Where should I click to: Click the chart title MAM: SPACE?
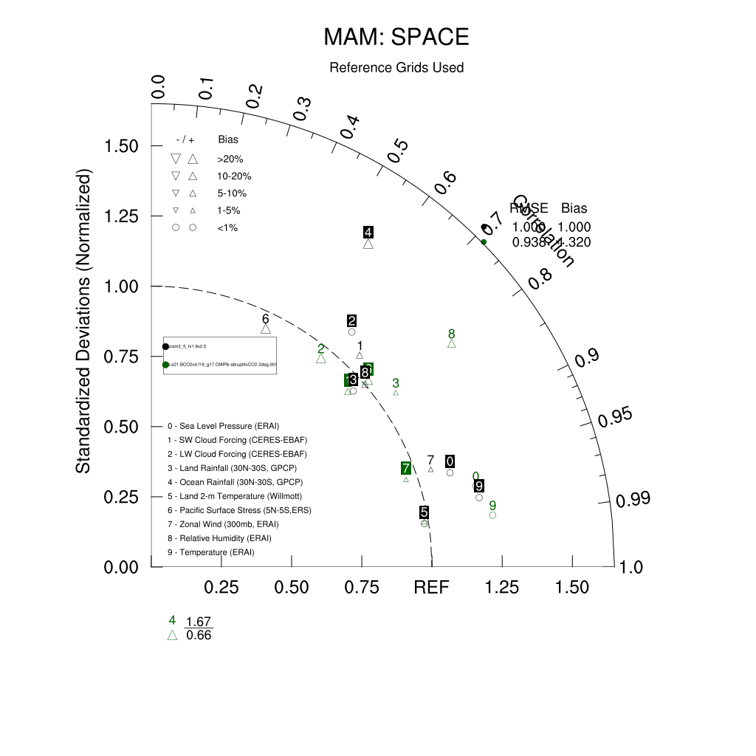396,37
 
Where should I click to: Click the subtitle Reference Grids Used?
396,68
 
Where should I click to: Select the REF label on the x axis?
431,588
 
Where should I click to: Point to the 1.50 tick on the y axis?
123,146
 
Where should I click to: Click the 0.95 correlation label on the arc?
616,418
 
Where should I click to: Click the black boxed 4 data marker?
368,232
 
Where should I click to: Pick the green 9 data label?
492,506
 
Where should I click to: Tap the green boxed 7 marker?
406,468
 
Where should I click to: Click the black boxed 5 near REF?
424,512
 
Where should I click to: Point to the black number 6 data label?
266,319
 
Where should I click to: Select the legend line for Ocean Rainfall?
228,482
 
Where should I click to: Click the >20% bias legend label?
230,159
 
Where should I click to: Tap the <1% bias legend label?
227,228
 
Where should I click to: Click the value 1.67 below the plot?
199,622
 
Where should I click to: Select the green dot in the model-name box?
166,365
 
